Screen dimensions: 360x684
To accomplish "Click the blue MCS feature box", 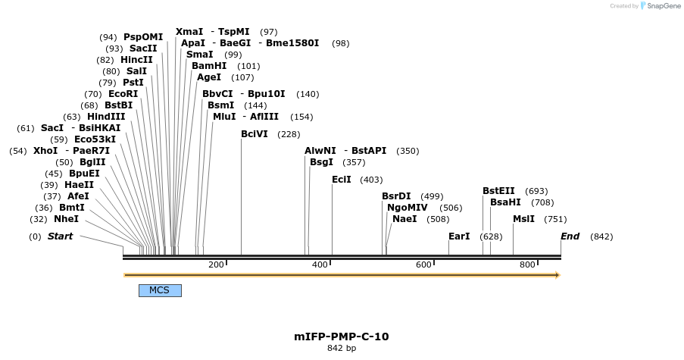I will point(160,290).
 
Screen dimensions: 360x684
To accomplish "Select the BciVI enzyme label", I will point(255,134).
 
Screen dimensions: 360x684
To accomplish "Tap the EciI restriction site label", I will point(342,180).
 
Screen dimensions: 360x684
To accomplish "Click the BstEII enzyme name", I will point(498,191).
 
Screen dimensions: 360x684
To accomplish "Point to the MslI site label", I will point(523,219).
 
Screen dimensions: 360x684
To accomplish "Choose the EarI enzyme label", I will point(459,236).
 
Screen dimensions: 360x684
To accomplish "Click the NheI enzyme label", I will point(66,219).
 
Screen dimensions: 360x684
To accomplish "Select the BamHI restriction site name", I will point(209,66).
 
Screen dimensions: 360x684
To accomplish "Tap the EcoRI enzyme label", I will point(123,94).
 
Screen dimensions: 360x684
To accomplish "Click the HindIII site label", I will point(106,117).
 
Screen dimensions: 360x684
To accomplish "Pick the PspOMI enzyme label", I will point(143,37).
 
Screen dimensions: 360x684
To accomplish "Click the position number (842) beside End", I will point(601,236).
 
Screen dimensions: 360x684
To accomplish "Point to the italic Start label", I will point(61,236).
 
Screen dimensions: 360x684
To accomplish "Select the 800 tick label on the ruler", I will point(527,265).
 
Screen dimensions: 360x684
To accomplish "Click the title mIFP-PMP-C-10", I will point(342,337).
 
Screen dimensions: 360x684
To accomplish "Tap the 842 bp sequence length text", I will point(342,349).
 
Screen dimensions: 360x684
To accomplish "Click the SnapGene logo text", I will point(664,6).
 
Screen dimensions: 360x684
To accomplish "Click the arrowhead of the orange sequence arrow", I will point(556,275).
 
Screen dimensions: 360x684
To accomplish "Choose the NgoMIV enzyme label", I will point(408,208).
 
